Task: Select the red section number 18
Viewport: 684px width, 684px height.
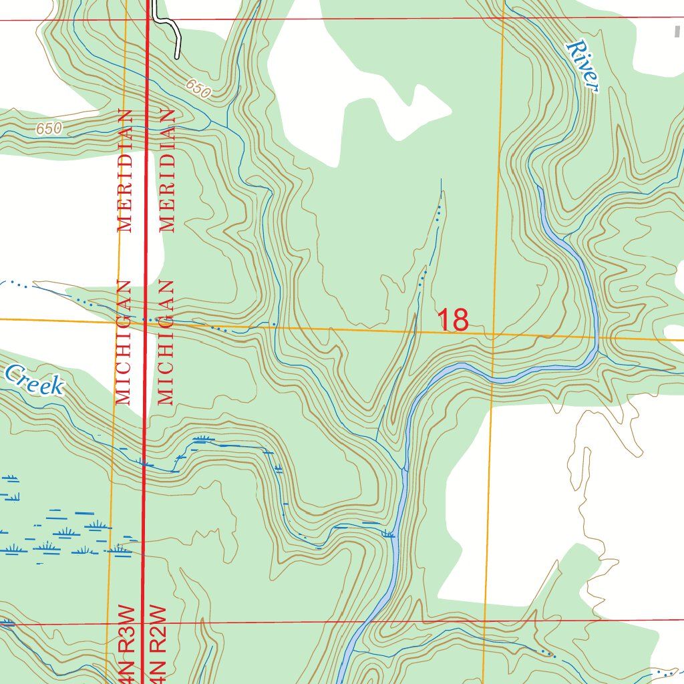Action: coord(453,320)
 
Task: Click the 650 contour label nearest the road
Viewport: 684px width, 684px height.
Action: coord(198,88)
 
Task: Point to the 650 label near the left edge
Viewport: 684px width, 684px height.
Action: coord(49,128)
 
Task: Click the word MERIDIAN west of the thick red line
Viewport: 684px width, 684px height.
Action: coord(124,170)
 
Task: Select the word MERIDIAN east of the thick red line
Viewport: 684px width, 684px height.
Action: coord(167,170)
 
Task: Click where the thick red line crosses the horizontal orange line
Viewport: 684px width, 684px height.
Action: coord(146,322)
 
